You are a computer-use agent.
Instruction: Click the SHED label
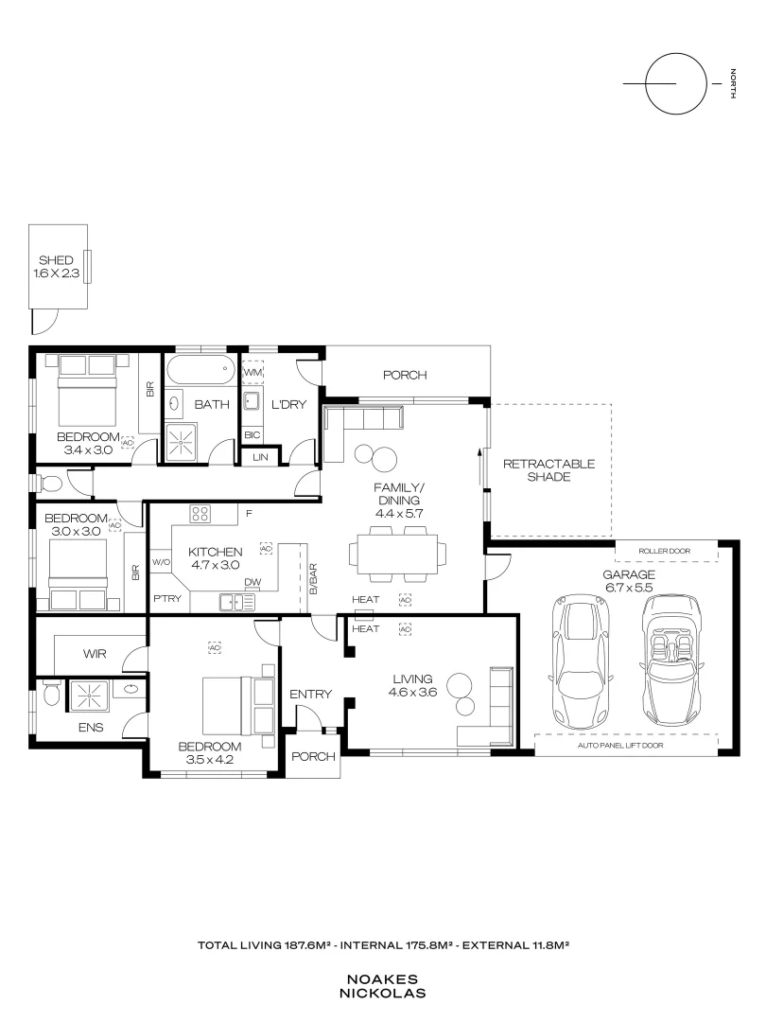(57, 260)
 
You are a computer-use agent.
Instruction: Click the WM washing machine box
(252, 372)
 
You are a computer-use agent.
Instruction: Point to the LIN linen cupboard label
(261, 458)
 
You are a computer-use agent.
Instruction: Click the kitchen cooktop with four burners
(200, 514)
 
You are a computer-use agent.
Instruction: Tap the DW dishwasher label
(252, 582)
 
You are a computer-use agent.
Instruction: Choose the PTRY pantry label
(167, 598)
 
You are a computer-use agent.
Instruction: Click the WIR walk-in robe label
(95, 654)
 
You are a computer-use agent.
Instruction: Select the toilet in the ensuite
(51, 693)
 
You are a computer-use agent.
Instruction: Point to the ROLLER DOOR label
(665, 552)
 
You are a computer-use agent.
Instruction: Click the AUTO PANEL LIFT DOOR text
(620, 745)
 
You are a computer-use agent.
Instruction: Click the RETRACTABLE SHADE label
(549, 470)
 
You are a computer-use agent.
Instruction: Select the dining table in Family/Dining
(398, 554)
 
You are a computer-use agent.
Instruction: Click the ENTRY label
(311, 695)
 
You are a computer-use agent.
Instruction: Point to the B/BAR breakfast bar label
(313, 579)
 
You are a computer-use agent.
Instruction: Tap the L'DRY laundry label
(288, 405)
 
